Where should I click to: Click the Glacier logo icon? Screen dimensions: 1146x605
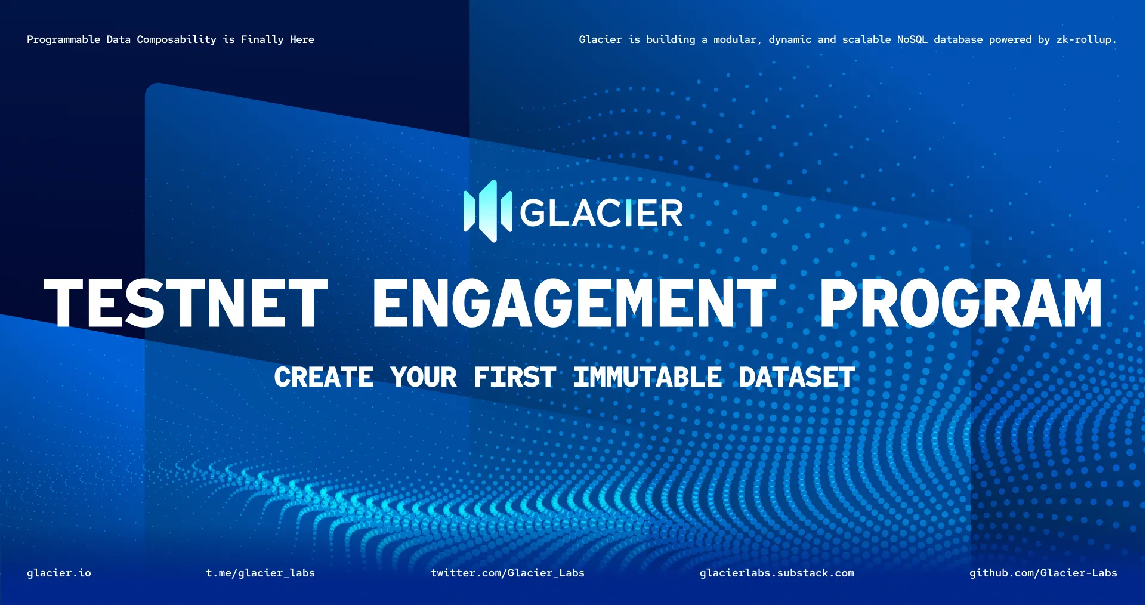[x=487, y=211]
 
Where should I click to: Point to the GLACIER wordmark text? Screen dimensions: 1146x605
[x=601, y=213]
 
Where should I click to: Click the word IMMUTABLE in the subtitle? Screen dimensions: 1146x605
[x=648, y=377]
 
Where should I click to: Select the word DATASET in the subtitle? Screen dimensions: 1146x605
[x=797, y=377]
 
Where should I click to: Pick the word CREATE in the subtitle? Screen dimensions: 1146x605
[x=324, y=377]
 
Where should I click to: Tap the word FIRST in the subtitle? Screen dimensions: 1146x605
[x=515, y=377]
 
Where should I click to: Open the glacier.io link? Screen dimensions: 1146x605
[x=59, y=573]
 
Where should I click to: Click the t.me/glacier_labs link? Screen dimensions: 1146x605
[x=260, y=573]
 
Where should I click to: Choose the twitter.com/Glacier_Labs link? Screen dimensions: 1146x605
[x=508, y=573]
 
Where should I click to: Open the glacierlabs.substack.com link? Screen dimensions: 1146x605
[x=777, y=573]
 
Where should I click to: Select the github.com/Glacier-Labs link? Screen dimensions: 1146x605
[x=1043, y=573]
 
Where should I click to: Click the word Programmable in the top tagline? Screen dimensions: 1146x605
[x=64, y=40]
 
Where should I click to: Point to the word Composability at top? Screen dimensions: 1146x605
[x=177, y=40]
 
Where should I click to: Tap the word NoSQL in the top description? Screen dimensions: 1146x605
[x=912, y=39]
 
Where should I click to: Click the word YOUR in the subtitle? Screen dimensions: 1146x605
[x=424, y=377]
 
